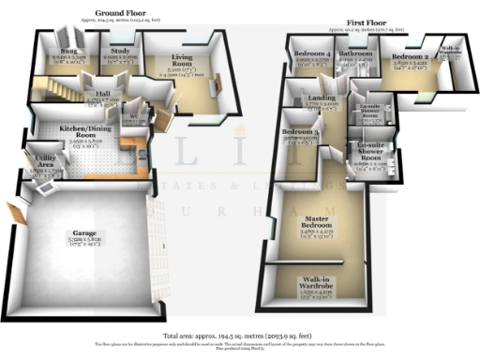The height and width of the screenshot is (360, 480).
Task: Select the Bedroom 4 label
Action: (x=308, y=54)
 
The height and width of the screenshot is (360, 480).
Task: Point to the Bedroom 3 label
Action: (x=298, y=133)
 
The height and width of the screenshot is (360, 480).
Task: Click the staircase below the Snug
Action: (x=64, y=90)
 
